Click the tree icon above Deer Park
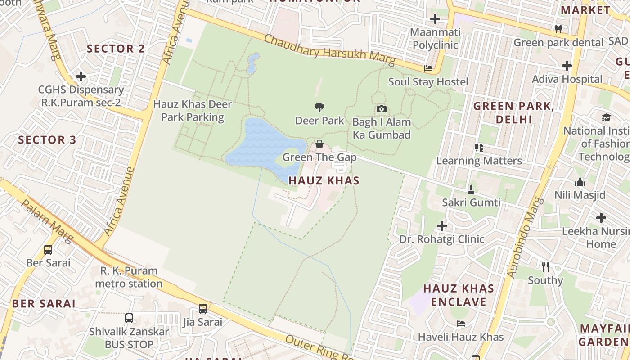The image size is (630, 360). tap(319, 108)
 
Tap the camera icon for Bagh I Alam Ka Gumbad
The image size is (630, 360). tap(381, 109)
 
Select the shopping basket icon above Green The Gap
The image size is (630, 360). tap(319, 144)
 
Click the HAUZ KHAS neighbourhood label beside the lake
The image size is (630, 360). tap(324, 180)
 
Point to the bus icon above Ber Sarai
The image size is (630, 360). tap(48, 249)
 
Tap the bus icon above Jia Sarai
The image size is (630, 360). tap(203, 309)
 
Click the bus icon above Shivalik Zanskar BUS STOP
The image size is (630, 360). tap(129, 318)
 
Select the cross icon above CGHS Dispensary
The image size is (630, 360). tap(81, 76)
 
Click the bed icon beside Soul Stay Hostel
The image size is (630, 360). tap(428, 68)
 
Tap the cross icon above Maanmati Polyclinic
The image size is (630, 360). tap(435, 19)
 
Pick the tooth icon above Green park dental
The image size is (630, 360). tap(558, 29)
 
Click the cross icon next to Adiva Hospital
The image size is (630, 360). tap(567, 66)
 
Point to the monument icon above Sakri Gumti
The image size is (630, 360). tap(471, 189)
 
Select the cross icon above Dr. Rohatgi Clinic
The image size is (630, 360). tap(442, 225)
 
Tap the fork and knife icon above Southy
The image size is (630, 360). tap(545, 267)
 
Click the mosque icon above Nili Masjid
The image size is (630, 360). tap(580, 182)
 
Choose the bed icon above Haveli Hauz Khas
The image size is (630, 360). tap(461, 323)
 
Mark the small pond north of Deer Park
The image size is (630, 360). tap(252, 63)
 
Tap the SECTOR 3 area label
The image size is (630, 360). tap(47, 139)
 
